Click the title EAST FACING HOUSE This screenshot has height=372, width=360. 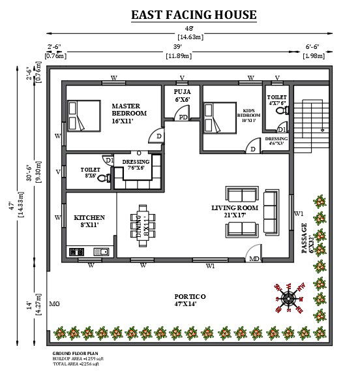194,14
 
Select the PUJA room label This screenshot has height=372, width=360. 182,97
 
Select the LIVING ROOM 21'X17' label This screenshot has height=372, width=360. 235,211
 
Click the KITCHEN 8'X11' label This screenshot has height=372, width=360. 89,221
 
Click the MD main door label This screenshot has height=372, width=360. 254,259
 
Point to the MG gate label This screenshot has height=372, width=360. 55,304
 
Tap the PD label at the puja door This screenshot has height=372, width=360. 183,117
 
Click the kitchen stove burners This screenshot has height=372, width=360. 75,251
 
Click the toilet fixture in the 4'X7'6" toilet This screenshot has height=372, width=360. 281,112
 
